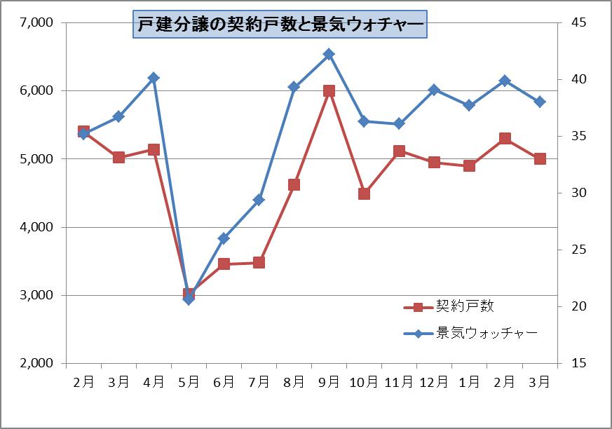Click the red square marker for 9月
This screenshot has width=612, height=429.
pyautogui.click(x=329, y=91)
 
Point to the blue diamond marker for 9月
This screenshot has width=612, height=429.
pyautogui.click(x=329, y=54)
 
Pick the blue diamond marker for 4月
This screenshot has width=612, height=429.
pyautogui.click(x=154, y=78)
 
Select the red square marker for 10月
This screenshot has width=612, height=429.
pyautogui.click(x=364, y=193)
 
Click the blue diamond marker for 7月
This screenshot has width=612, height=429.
pyautogui.click(x=259, y=200)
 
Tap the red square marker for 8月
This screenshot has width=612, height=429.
pyautogui.click(x=294, y=184)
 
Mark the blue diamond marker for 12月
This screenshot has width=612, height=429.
pyautogui.click(x=434, y=90)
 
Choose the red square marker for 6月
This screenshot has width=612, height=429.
pyautogui.click(x=224, y=264)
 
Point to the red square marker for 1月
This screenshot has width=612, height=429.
pyautogui.click(x=469, y=165)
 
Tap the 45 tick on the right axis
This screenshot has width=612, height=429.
pyautogui.click(x=578, y=22)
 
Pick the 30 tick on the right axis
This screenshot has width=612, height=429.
pyautogui.click(x=578, y=193)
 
